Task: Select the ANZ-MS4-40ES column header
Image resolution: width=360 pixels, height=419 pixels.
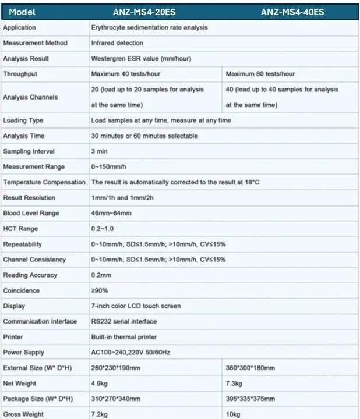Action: [292, 12]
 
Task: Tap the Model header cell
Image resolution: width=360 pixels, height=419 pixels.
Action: [23, 12]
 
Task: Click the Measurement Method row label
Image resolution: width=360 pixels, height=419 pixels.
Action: [35, 43]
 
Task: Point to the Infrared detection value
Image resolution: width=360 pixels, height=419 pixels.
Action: [117, 43]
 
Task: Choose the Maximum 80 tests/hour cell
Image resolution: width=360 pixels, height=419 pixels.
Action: [260, 74]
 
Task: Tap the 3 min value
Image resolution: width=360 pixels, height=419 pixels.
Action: [100, 151]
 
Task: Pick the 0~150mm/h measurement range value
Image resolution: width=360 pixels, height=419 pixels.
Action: [110, 167]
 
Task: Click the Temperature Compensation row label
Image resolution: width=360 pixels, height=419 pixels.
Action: [44, 182]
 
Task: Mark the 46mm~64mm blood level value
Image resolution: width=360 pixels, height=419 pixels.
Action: [111, 214]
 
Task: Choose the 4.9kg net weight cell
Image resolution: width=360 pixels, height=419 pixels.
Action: [100, 384]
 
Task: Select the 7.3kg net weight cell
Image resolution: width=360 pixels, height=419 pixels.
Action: [235, 384]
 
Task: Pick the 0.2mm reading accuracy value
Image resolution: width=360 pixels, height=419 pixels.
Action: [101, 275]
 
